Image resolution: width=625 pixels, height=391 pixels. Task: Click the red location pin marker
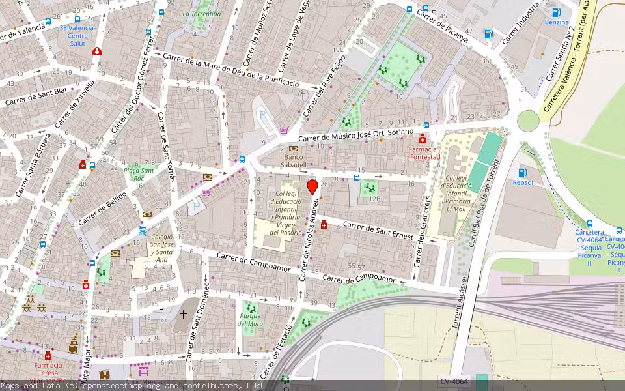312,187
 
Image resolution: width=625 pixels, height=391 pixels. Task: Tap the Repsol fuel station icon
522,173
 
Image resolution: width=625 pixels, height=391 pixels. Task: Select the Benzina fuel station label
557,22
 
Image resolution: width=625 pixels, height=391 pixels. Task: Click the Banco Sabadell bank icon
293,150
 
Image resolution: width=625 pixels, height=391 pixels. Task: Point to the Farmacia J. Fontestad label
422,153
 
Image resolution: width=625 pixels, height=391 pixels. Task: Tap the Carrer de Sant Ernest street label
377,230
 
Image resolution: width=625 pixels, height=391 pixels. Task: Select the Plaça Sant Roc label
139,174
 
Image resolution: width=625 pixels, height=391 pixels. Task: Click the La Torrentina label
201,14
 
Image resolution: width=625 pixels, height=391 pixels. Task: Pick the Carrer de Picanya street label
443,24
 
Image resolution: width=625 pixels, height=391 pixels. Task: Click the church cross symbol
184,315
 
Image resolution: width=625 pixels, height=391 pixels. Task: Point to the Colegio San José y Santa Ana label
162,248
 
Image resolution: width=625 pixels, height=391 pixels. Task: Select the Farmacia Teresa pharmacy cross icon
48,355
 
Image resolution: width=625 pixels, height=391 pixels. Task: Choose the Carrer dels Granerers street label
424,232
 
